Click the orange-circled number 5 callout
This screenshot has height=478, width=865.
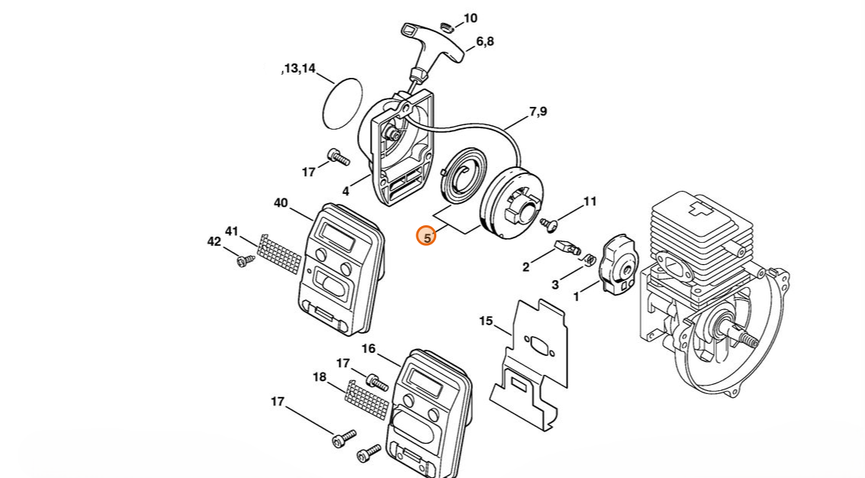(x=427, y=237)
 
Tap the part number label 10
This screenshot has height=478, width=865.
(x=470, y=18)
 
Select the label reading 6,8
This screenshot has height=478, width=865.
(x=484, y=41)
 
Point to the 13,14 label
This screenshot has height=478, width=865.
(x=298, y=69)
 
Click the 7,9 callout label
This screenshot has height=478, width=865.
(x=538, y=111)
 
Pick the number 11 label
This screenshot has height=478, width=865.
(x=590, y=202)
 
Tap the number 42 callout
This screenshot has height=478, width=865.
(x=214, y=241)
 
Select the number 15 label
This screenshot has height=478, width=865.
(x=486, y=321)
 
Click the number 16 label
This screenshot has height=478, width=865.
(x=368, y=348)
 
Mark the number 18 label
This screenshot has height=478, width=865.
(x=320, y=376)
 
